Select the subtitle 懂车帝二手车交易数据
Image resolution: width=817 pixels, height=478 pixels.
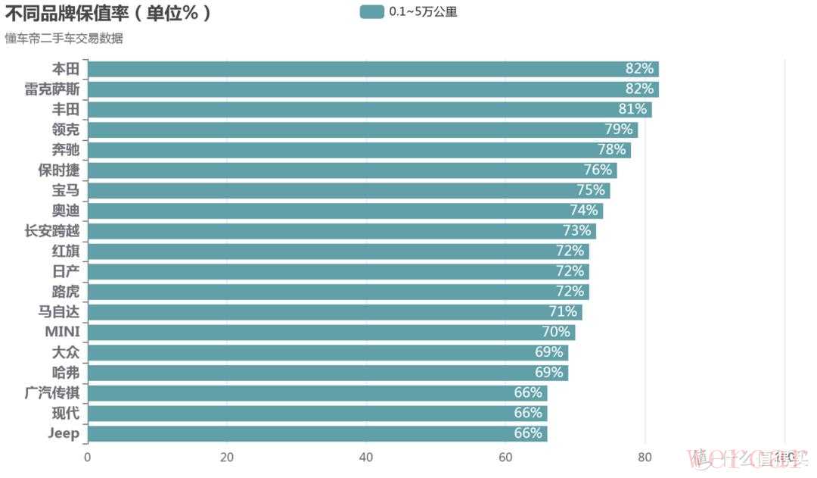tap(64, 39)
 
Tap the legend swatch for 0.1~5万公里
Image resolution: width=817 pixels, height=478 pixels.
tap(371, 11)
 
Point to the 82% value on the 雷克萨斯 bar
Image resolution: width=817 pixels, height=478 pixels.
tap(638, 89)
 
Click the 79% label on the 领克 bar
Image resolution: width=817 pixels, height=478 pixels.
tap(618, 130)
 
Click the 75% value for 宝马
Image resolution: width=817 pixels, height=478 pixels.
tap(590, 190)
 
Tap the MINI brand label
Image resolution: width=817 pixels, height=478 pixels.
tap(62, 332)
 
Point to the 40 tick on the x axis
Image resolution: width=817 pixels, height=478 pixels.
tap(366, 457)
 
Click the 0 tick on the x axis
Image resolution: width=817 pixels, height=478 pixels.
tap(88, 457)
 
